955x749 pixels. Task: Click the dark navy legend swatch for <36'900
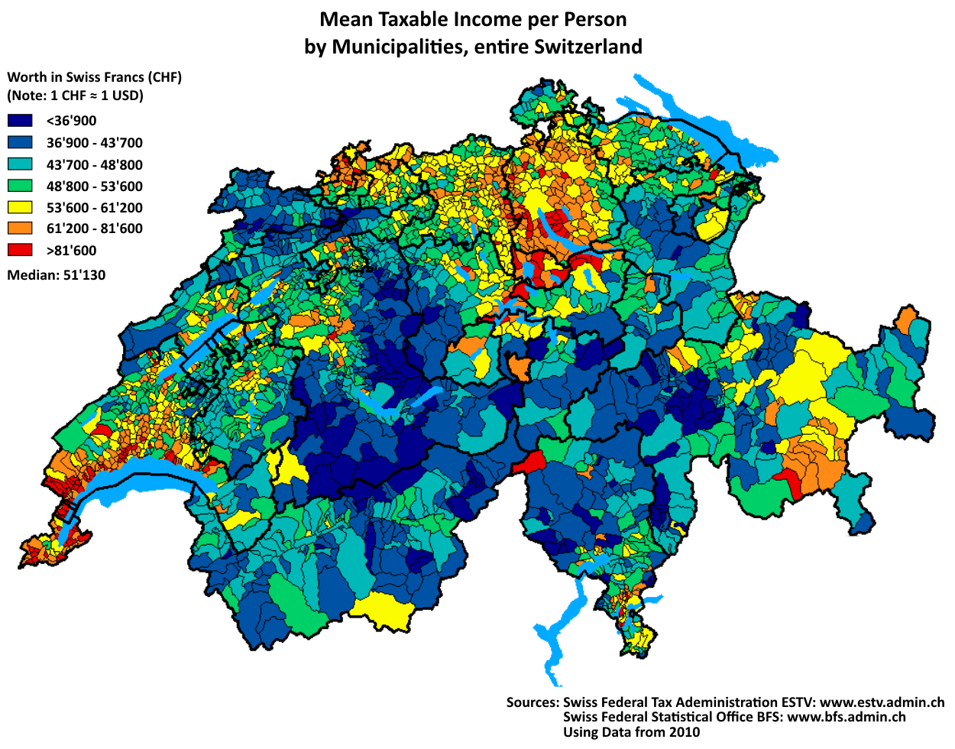pos(20,121)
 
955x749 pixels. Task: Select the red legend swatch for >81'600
pos(20,250)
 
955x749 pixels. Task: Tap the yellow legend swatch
pos(20,207)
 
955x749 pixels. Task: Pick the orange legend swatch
pos(20,229)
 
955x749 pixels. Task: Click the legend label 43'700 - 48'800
pos(94,164)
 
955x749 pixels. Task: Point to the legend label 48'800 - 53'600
pos(94,186)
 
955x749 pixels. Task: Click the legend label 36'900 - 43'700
pos(94,143)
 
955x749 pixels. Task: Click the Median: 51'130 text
pos(57,275)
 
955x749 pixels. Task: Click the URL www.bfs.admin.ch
pos(846,717)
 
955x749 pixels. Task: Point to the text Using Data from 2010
pos(631,732)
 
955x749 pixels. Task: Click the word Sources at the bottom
pos(532,702)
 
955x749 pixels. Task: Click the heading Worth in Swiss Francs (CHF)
pos(94,77)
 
